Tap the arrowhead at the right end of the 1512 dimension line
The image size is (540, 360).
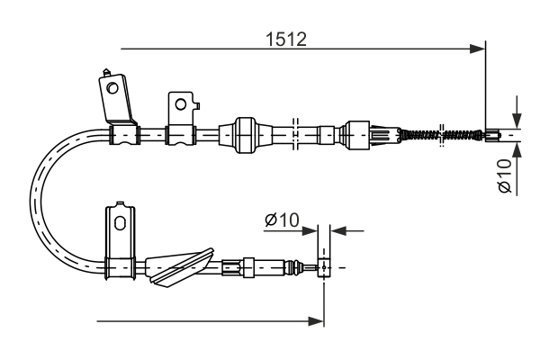click(478, 49)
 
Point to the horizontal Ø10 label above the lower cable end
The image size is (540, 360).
click(283, 220)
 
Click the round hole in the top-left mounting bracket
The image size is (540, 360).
click(112, 88)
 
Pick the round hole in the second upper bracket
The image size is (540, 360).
click(182, 103)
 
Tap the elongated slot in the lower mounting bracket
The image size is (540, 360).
click(119, 222)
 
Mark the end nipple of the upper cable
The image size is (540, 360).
click(492, 137)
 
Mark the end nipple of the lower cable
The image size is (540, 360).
click(323, 266)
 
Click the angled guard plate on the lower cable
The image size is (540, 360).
click(180, 267)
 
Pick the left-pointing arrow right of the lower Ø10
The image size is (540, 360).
click(338, 230)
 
